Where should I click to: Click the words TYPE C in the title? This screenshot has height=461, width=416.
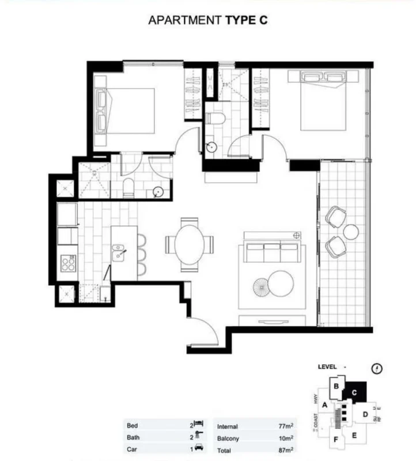[x=245, y=20]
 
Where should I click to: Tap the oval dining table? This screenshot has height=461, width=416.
[x=189, y=244]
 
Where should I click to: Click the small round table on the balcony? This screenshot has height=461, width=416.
[x=351, y=232]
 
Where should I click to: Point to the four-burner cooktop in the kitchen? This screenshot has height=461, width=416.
[x=68, y=264]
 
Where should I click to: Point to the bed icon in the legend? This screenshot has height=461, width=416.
[x=199, y=425]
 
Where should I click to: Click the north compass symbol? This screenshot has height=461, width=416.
[x=378, y=368]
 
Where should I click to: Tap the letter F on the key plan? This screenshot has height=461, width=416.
[x=335, y=440]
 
